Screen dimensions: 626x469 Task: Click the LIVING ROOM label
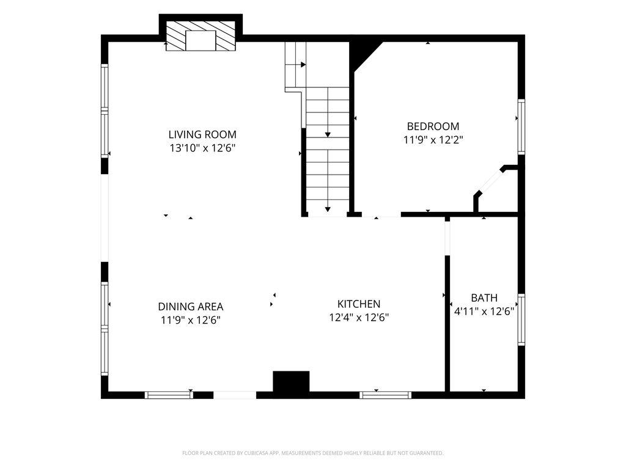202,134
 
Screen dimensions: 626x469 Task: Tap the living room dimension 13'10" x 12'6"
202,148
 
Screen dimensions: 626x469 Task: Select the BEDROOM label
433,126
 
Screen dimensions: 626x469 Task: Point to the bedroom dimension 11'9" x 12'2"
433,140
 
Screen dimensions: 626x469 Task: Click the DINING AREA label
191,307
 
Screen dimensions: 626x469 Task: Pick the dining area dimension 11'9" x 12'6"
191,320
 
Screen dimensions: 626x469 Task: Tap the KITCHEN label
358,304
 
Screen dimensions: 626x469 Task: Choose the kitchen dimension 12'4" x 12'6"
359,318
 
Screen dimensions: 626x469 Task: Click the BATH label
484,298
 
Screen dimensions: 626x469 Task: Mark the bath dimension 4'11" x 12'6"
484,311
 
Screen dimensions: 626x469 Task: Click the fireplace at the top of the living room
201,36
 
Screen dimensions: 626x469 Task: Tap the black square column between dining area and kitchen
291,382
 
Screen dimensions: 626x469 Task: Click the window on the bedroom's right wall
521,126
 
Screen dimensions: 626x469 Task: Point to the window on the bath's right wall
521,319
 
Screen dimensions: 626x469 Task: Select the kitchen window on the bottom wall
385,395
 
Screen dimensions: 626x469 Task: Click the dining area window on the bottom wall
169,395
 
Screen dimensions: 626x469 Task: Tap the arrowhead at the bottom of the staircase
328,209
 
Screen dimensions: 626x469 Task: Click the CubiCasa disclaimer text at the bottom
312,453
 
